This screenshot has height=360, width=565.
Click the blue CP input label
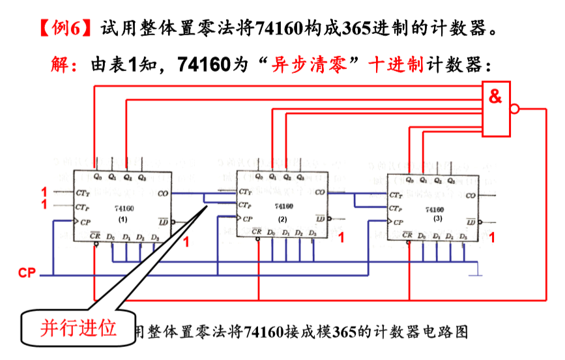(x=27, y=273)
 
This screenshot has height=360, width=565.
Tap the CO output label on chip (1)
(x=163, y=194)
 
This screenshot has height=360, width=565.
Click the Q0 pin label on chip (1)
(x=97, y=176)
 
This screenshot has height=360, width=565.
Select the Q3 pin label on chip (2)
(x=300, y=177)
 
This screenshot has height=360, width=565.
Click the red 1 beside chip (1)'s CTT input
(x=44, y=192)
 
